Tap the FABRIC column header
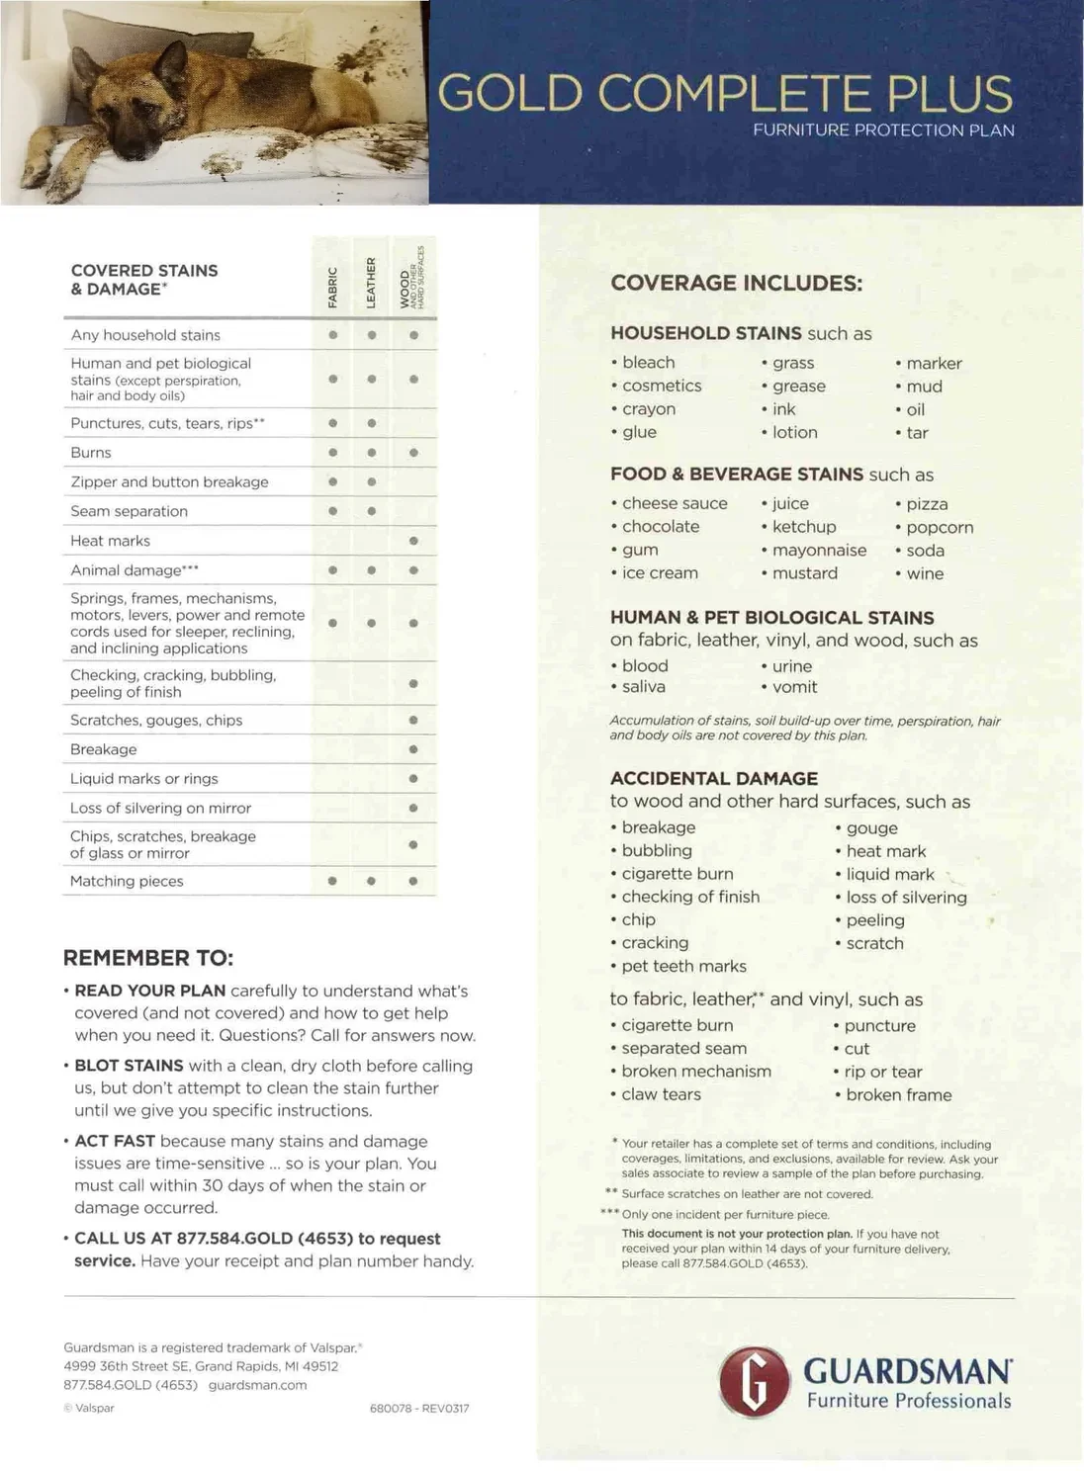point(333,287)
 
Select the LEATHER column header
point(372,283)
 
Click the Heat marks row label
point(110,541)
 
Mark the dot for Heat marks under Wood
point(413,541)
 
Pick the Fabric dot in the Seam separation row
point(333,511)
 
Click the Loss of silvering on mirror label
point(160,808)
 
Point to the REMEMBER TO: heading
point(148,958)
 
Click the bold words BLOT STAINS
point(129,1066)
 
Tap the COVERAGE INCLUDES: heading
point(737,284)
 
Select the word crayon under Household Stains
point(649,409)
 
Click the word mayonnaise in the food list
point(819,551)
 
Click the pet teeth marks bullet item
point(683,967)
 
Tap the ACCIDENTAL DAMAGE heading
point(714,779)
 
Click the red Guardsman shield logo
point(755,1381)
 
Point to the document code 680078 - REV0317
point(419,1409)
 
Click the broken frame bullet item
point(898,1095)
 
